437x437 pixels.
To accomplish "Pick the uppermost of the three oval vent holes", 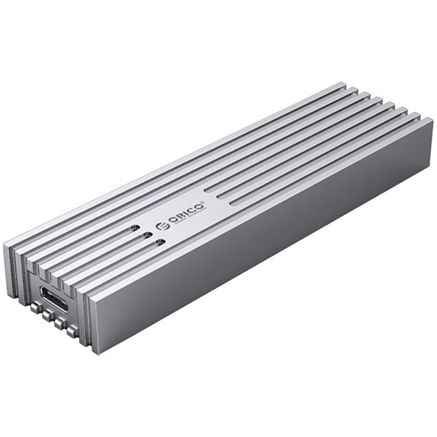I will click(134, 230).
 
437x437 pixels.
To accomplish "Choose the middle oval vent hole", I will click(147, 236).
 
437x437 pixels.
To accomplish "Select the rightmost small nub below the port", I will click(73, 331).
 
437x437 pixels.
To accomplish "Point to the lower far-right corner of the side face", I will click(432, 182).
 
